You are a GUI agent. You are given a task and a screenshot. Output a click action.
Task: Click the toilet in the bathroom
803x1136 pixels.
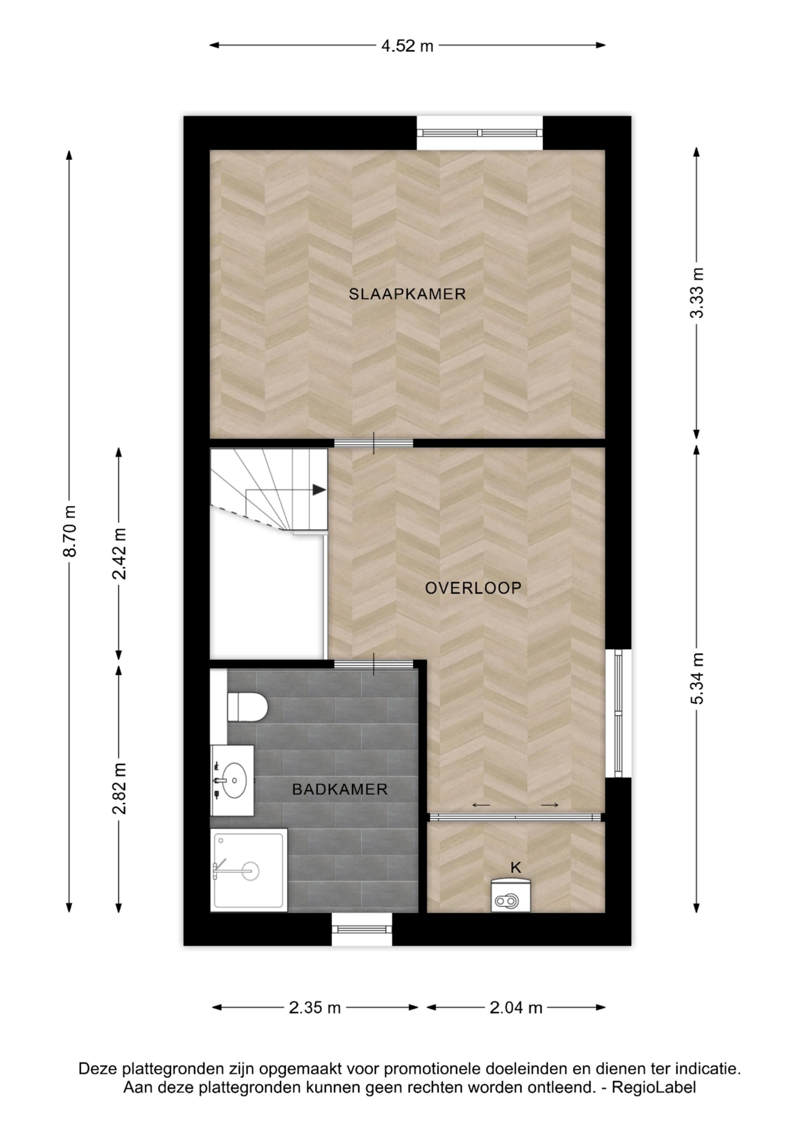[247, 707]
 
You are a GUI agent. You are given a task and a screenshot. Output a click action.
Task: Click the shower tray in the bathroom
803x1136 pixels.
[249, 870]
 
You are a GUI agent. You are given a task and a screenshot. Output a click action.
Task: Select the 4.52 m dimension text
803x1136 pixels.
[407, 46]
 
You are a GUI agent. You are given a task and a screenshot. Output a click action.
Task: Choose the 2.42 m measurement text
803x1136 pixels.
[119, 554]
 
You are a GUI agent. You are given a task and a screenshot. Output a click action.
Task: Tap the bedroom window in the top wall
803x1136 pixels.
[480, 133]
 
